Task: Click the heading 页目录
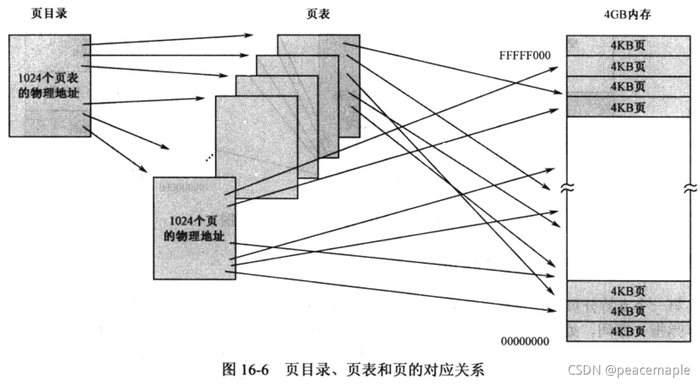(50, 14)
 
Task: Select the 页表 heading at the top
(319, 14)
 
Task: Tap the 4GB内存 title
(628, 14)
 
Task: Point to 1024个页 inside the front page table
(194, 222)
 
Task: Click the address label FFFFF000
(525, 55)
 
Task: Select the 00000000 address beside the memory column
(525, 342)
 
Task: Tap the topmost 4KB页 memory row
(628, 46)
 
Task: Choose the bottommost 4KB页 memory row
(628, 331)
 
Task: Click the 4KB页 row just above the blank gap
(628, 107)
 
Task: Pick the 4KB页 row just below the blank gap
(628, 291)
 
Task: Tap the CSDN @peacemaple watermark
(630, 370)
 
